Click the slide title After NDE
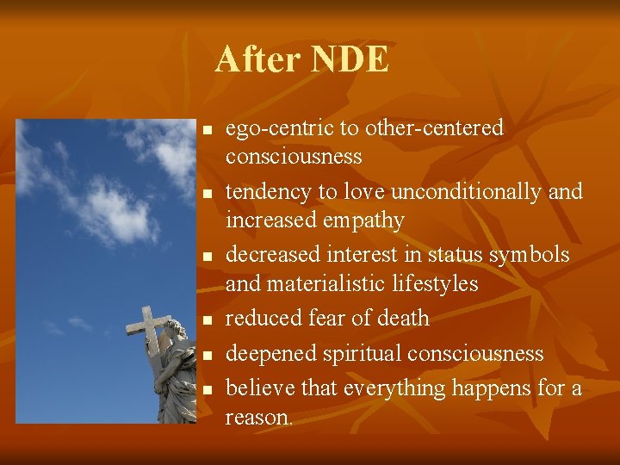tap(302, 60)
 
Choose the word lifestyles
tap(435, 283)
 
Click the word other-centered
tap(434, 128)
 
